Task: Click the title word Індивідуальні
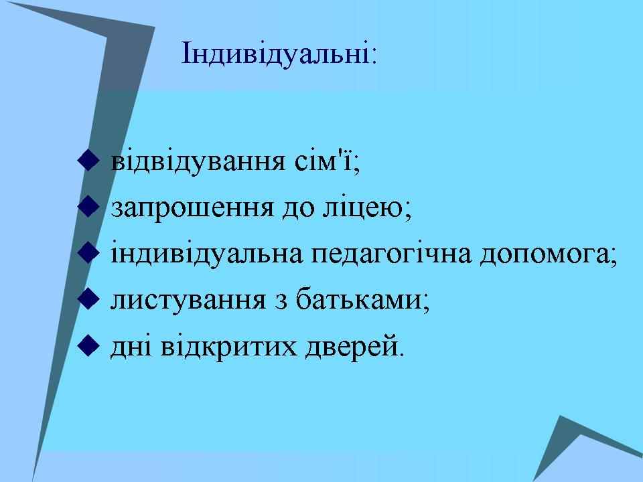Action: [x=275, y=54]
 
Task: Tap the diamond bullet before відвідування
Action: [x=88, y=160]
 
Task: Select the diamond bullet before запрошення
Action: [x=88, y=206]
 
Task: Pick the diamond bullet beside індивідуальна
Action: [x=88, y=252]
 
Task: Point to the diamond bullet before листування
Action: [x=88, y=299]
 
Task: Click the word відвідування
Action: [x=198, y=163]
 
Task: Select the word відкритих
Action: [x=228, y=347]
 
